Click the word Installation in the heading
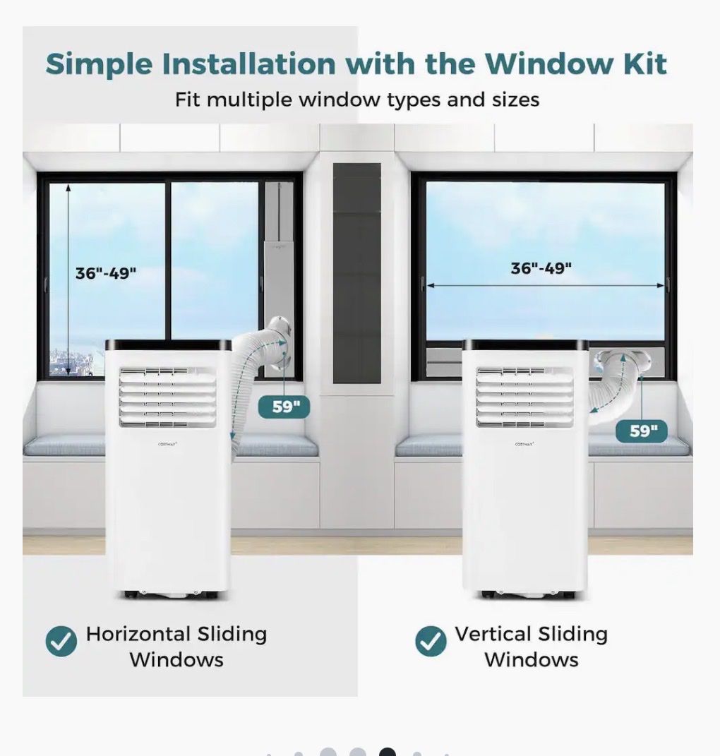tap(248, 64)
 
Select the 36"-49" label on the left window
tap(106, 273)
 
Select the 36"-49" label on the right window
tap(541, 268)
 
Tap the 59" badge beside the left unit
tap(284, 407)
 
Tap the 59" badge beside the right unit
tap(642, 431)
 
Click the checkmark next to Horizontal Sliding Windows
tap(61, 641)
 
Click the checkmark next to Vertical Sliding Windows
tap(431, 641)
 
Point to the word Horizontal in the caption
tap(138, 634)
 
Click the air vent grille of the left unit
tap(168, 397)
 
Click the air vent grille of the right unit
tap(524, 397)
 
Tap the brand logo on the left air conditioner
tap(168, 444)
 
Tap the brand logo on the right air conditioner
tap(524, 444)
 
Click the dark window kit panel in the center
tap(357, 273)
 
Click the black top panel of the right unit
tap(526, 344)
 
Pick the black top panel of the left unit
tap(168, 344)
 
